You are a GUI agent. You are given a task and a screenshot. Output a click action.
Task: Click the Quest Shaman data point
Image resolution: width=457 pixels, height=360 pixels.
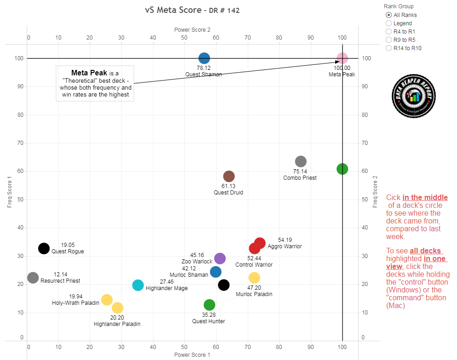[x=204, y=58]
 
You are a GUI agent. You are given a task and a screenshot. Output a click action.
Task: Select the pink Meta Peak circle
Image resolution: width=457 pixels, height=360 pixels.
[x=342, y=58]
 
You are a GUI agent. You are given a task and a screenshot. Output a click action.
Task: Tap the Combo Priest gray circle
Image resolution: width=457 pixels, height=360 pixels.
[x=301, y=161]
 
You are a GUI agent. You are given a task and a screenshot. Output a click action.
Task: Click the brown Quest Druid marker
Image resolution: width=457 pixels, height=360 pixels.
[x=229, y=176]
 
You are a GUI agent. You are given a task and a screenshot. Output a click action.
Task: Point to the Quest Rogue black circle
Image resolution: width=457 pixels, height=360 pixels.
[x=44, y=248]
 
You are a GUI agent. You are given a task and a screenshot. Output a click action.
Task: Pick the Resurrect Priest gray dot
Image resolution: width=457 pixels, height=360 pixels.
[x=33, y=278]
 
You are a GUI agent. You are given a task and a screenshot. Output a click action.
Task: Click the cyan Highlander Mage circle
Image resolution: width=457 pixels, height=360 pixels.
[x=138, y=285]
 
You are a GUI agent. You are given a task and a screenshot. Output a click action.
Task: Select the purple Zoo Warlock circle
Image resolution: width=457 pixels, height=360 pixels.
[x=220, y=258]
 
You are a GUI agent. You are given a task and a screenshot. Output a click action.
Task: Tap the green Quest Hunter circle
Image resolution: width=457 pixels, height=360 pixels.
[x=209, y=305]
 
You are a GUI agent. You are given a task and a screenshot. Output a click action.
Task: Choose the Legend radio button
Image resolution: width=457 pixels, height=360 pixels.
[x=389, y=23]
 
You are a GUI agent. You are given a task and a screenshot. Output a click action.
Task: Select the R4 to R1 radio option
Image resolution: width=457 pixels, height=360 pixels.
[x=389, y=32]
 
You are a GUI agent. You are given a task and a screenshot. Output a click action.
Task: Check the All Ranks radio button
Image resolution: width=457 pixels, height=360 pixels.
[x=389, y=15]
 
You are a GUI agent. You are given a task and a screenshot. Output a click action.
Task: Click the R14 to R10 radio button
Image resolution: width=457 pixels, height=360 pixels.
[x=389, y=48]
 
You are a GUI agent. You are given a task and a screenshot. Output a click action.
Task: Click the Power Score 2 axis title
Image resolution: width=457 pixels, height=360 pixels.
[x=192, y=30]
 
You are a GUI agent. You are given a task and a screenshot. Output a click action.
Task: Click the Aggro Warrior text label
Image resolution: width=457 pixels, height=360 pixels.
[x=285, y=246]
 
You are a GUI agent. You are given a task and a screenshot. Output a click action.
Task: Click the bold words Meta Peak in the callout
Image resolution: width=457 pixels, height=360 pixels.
[x=89, y=73]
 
